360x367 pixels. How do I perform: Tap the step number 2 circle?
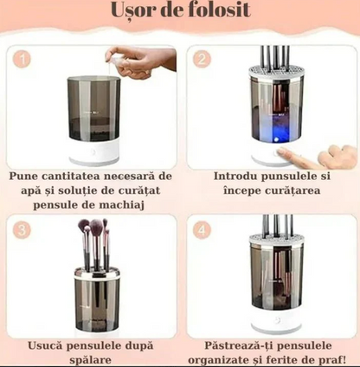(202, 61)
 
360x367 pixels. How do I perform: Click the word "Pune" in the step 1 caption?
(25, 176)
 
